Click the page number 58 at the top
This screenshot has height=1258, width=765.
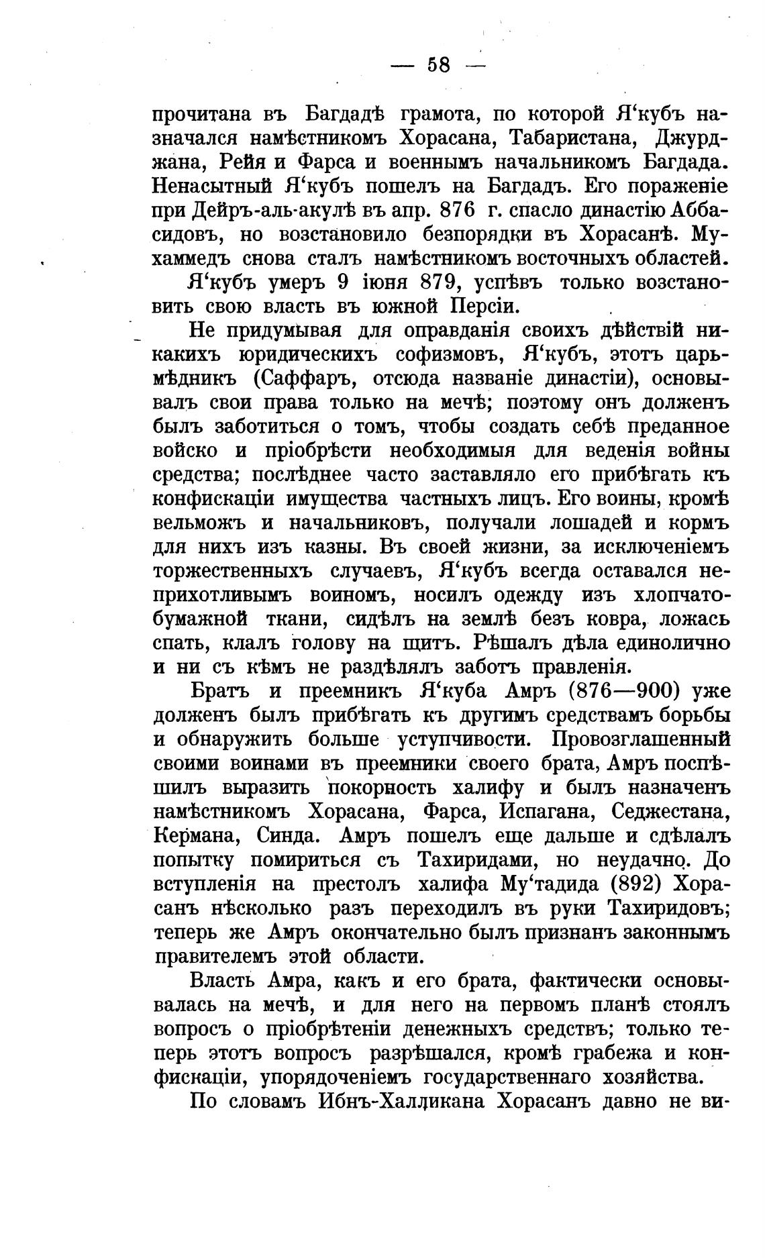click(438, 65)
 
